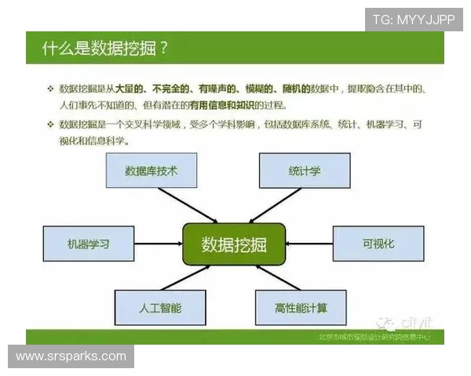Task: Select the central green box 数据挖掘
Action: [234, 244]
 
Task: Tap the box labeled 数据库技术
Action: [152, 171]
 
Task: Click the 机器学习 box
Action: [88, 244]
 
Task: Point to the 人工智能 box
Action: [159, 308]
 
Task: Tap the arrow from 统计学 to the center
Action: [271, 205]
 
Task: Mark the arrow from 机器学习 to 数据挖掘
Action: [157, 244]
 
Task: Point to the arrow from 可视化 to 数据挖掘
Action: [309, 244]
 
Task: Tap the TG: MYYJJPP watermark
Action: [414, 20]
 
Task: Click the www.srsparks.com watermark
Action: [71, 356]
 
